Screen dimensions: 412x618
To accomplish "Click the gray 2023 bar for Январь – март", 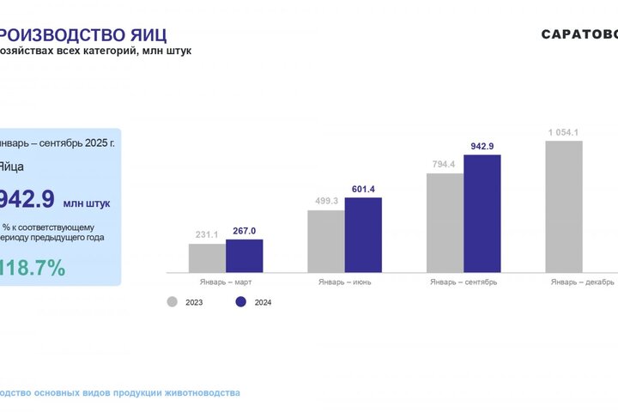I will click(x=207, y=257).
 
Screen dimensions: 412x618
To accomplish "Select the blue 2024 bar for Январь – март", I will click(x=245, y=256).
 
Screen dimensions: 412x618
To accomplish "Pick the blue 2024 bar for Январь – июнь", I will click(x=363, y=235).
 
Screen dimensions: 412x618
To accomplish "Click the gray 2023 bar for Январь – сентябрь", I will click(x=445, y=223).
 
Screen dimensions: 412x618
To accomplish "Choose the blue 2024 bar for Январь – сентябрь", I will click(x=482, y=214).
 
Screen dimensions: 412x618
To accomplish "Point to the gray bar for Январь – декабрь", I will click(x=564, y=207).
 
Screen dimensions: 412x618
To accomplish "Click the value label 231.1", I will click(x=207, y=234).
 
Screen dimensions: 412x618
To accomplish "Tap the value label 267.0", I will click(x=245, y=230).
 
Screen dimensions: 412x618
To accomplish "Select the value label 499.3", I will click(x=326, y=201).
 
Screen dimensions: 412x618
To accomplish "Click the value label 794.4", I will click(x=445, y=164).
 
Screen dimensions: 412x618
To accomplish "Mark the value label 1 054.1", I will click(x=564, y=131).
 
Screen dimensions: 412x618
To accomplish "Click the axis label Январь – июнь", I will click(x=344, y=282).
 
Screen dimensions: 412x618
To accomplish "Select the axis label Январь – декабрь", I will click(x=582, y=282).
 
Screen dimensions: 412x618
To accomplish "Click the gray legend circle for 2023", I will click(x=173, y=301).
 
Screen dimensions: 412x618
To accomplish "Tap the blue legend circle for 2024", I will click(x=240, y=301).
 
